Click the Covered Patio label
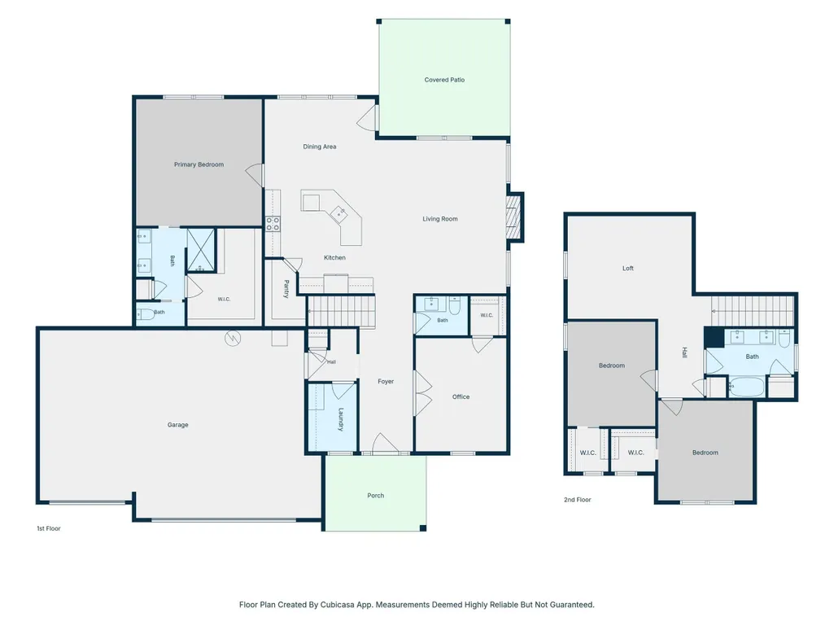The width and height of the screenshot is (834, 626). [444, 80]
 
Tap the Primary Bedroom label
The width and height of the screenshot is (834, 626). [199, 164]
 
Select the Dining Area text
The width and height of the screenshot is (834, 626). [320, 147]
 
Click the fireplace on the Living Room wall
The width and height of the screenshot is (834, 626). [513, 217]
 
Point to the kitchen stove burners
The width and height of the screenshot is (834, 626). [273, 224]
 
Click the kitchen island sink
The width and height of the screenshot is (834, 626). [338, 215]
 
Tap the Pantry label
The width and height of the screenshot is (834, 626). [286, 289]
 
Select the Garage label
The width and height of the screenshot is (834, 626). [177, 425]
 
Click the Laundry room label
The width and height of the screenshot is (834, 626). [341, 419]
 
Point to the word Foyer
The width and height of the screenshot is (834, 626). [386, 381]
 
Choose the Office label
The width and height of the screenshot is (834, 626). [461, 396]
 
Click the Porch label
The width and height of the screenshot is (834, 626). [376, 496]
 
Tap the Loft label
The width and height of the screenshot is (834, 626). [628, 269]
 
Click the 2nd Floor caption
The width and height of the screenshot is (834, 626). [578, 500]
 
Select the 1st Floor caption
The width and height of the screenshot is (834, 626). [49, 528]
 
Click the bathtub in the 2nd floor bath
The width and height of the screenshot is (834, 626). [747, 386]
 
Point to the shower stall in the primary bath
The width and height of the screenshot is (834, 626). [201, 250]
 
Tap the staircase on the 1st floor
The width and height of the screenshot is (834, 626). [341, 312]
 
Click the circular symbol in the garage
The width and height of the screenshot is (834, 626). [233, 338]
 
